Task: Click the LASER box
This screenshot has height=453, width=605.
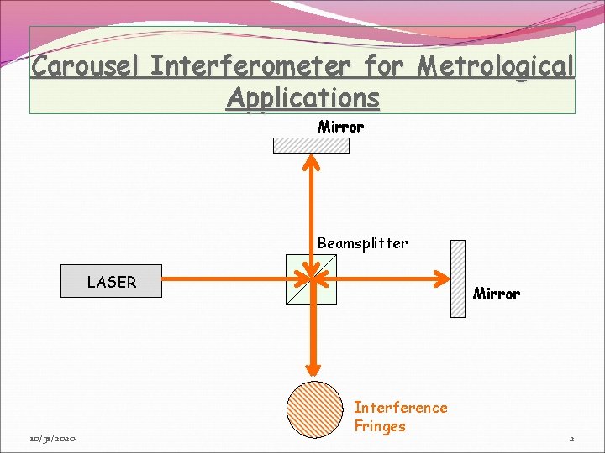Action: coord(111,282)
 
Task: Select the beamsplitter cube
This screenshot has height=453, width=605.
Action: coord(311,279)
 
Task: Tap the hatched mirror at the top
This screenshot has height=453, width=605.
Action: coord(311,145)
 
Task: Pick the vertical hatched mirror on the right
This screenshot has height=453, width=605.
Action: coord(457,279)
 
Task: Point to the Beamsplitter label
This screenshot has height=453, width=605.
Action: coord(362,243)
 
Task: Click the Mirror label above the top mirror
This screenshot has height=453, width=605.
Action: coord(340,128)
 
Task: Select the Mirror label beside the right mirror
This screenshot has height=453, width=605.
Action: coord(496,294)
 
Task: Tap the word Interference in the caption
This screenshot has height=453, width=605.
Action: coord(401,408)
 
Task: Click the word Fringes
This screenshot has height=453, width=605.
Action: coord(380,426)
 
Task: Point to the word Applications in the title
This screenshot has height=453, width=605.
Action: coord(302,97)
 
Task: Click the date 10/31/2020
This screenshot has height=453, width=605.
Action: coord(52,439)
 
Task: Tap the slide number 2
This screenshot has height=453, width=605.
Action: coord(571,439)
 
